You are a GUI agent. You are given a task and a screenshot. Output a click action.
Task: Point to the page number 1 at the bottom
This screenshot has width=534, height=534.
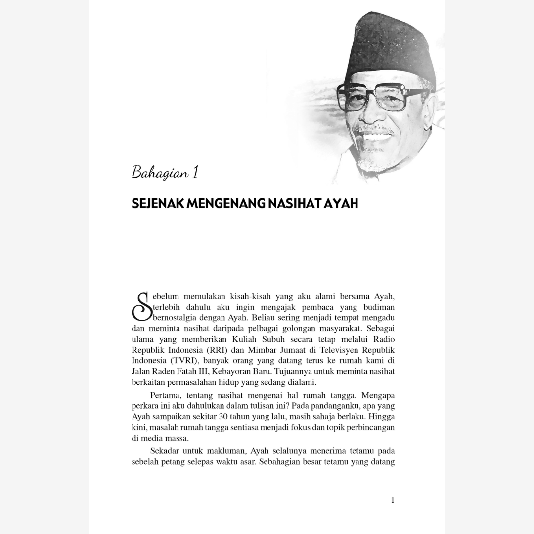click(393, 500)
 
